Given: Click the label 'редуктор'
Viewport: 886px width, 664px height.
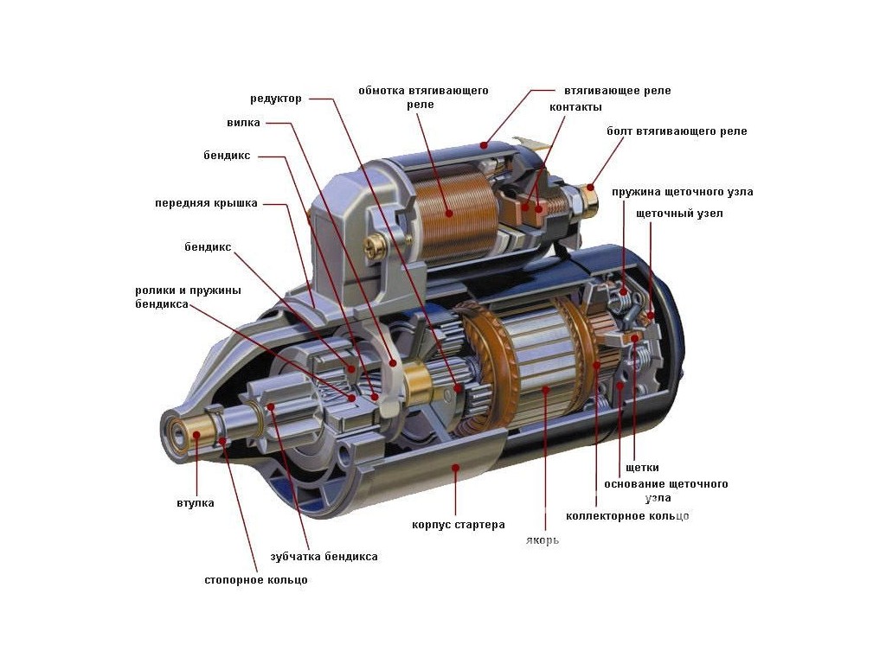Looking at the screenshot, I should [276, 99].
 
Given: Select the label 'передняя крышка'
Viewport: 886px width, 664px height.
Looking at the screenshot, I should [206, 204].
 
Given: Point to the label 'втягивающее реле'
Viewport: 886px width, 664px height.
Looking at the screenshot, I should [617, 91].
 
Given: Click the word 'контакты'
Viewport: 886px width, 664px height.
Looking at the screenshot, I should [575, 107].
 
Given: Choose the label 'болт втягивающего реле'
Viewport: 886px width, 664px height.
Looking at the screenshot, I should [676, 131].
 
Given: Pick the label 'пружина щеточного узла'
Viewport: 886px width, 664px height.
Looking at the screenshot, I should [682, 191].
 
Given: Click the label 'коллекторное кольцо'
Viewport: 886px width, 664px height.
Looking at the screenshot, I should [627, 516].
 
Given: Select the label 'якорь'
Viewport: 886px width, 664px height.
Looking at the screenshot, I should [542, 540].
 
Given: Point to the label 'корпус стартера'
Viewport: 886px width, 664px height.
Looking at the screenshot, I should [458, 525].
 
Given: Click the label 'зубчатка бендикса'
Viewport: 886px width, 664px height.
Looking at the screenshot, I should [324, 557].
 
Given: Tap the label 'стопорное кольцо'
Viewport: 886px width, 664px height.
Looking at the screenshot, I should [255, 580].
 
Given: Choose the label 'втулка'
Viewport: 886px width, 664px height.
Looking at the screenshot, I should [195, 502].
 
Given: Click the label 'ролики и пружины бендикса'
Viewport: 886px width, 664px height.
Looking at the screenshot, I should [187, 297].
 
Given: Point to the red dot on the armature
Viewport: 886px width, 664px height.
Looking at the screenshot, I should [545, 391].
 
